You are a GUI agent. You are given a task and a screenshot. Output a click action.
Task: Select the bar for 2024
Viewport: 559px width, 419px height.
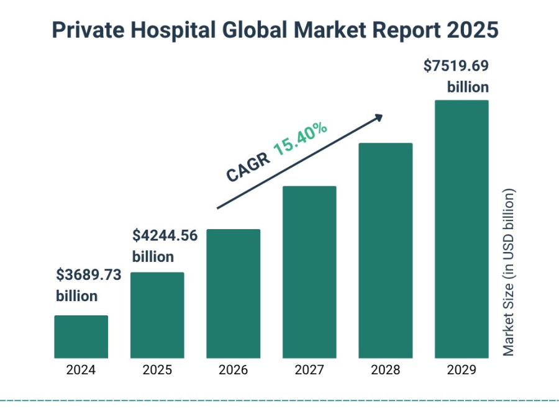[81, 336]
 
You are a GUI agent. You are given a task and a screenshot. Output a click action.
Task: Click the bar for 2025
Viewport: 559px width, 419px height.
[157, 315]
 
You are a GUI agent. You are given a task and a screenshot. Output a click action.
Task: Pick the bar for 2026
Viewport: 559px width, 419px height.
[233, 294]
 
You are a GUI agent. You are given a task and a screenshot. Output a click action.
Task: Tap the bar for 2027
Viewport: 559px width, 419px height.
[309, 272]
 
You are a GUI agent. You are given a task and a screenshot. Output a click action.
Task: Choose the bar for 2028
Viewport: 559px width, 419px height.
[385, 251]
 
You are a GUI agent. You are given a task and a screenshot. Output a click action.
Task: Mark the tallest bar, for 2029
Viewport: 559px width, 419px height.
[461, 229]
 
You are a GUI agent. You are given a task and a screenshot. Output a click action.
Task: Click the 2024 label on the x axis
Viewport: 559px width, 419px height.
[81, 371]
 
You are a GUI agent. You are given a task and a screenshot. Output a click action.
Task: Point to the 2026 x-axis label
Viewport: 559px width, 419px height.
[233, 371]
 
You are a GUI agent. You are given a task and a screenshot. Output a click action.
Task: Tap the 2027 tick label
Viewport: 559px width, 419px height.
[309, 371]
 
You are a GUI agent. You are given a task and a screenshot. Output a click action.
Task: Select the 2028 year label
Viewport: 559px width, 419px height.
[385, 371]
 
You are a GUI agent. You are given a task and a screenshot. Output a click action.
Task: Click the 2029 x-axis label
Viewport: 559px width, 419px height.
[461, 371]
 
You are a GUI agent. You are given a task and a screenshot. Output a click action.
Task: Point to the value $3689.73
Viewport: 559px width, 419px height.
[88, 275]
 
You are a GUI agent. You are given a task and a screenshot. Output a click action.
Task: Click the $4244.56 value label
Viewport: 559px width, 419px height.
[165, 236]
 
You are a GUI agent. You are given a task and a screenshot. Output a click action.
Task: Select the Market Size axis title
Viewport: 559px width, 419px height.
[509, 273]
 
